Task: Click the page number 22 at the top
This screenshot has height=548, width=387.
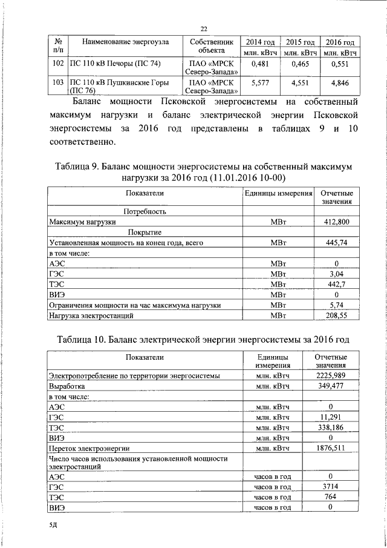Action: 204,28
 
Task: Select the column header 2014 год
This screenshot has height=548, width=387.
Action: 260,42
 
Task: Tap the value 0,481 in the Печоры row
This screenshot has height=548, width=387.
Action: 259,63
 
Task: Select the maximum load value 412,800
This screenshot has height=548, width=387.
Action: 337,222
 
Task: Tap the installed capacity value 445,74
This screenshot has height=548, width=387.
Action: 337,242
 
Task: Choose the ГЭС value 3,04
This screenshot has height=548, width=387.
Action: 337,274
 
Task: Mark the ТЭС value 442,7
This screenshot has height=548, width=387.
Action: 337,284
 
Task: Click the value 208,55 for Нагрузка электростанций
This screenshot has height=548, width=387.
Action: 337,315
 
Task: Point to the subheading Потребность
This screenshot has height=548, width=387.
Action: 145,211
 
